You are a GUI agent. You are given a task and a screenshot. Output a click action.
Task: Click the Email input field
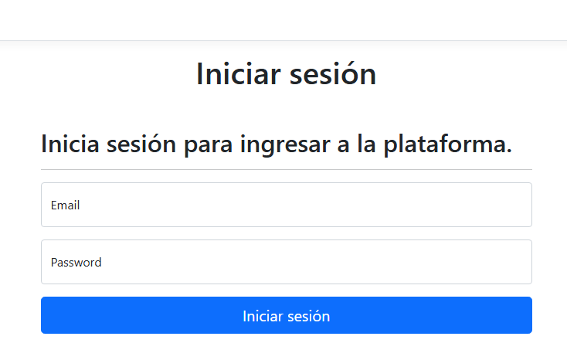(x=287, y=205)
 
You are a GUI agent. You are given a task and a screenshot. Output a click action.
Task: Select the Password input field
(x=287, y=262)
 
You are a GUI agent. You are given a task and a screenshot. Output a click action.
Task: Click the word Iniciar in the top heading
(x=239, y=74)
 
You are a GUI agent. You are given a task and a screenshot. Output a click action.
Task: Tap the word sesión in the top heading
(x=333, y=74)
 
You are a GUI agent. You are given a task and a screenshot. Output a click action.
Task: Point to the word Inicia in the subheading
(x=70, y=144)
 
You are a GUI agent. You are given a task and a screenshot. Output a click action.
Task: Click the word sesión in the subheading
(x=141, y=144)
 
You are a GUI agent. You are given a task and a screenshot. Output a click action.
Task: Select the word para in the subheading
(x=208, y=146)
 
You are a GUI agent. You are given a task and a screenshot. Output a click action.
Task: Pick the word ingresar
(x=285, y=145)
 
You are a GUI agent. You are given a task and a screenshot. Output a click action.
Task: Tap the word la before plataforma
(x=366, y=143)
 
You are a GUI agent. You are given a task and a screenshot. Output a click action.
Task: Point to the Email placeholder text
(x=65, y=205)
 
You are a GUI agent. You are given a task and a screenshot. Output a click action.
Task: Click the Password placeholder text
(x=76, y=263)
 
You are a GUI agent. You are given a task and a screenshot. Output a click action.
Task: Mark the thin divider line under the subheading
(x=287, y=169)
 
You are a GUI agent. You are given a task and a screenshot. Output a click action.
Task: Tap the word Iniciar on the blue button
(x=263, y=316)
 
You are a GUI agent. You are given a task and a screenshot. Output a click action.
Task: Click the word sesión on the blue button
(x=308, y=316)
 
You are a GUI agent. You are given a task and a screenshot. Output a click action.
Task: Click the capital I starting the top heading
(x=199, y=74)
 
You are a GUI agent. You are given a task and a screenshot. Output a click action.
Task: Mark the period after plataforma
(x=509, y=151)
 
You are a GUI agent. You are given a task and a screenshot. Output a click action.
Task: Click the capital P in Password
(x=54, y=263)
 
